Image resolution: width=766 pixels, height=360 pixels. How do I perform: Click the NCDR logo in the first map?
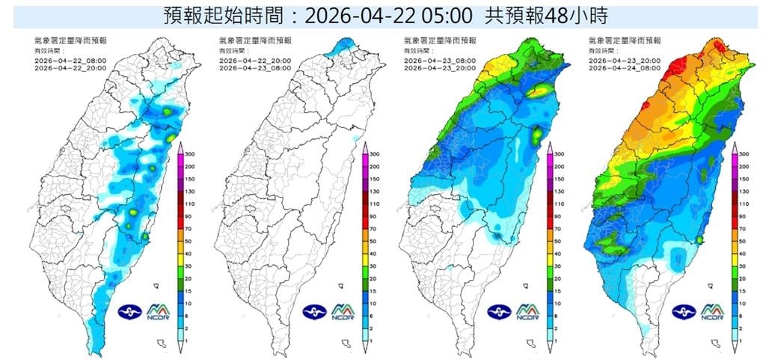point(161,311)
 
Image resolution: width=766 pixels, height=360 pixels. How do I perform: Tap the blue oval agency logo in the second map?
point(314,311)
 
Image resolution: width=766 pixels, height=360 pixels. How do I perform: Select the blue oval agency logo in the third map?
point(499,311)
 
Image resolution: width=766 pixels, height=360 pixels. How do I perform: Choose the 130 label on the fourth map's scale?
point(745,192)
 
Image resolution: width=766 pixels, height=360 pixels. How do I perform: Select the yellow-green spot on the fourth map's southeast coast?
point(699,240)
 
